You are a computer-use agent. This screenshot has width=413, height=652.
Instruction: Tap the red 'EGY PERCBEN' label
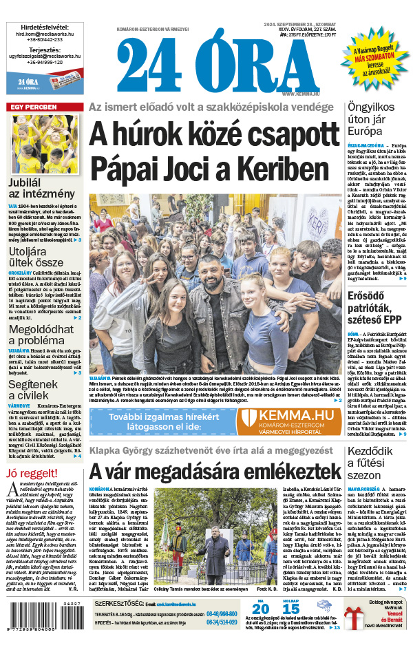coord(33,107)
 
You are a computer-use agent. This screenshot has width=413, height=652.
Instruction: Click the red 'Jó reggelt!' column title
coord(32,454)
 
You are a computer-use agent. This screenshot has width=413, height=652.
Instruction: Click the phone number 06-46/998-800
coord(222,613)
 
